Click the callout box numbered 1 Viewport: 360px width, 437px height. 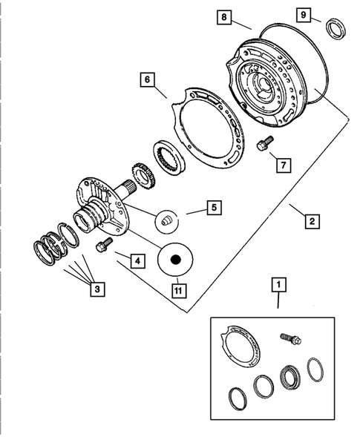click(x=278, y=283)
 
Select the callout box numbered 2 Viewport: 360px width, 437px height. click(x=311, y=220)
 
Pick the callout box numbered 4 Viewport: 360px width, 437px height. click(x=137, y=260)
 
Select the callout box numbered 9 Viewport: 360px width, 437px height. click(x=302, y=15)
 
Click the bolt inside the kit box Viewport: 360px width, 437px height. click(x=291, y=338)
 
